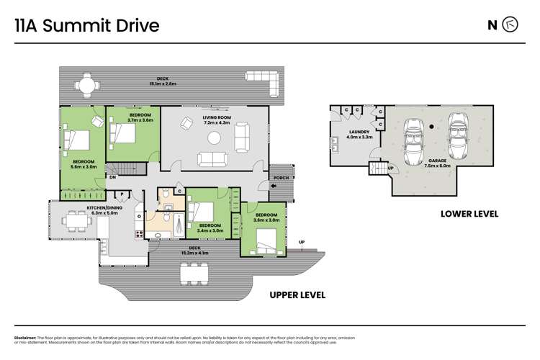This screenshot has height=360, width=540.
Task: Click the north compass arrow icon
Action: click(510, 25)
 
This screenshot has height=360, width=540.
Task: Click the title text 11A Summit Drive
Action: click(87, 26)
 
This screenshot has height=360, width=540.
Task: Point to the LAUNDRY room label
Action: click(359, 135)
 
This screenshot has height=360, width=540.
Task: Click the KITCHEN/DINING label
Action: click(102, 210)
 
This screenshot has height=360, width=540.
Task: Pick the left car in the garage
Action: click(413, 140)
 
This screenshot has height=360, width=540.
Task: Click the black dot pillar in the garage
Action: click(431, 127)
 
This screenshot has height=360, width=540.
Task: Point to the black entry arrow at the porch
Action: click(274, 186)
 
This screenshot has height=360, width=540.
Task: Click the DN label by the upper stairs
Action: click(112, 177)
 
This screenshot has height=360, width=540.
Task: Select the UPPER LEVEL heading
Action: click(297, 294)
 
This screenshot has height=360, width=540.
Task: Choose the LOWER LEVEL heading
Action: click(469, 214)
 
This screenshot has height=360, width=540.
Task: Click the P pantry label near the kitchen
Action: click(122, 194)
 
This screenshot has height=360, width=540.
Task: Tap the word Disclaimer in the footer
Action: click(27, 338)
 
